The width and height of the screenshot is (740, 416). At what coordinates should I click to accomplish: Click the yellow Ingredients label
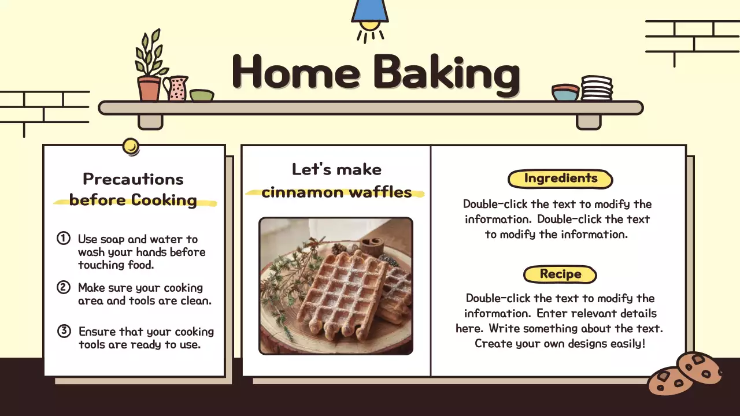click(560, 179)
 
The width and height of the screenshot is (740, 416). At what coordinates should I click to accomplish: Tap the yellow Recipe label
click(560, 274)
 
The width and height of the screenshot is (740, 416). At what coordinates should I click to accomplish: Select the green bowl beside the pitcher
click(201, 95)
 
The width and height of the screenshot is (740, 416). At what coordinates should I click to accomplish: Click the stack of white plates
click(597, 88)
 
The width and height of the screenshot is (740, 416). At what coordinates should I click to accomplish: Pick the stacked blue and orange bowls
click(565, 92)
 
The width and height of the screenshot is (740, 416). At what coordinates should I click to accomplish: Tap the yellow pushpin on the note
click(131, 146)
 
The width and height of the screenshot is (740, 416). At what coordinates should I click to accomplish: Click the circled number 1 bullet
click(63, 238)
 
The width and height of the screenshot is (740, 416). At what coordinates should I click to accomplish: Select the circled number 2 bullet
click(63, 287)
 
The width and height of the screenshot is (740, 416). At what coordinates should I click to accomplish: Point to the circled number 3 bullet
click(64, 331)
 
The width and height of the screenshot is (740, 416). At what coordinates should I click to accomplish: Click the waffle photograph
click(335, 285)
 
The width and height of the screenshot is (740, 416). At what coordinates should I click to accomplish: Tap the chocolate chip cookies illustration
click(685, 374)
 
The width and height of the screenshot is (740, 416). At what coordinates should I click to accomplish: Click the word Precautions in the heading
click(133, 179)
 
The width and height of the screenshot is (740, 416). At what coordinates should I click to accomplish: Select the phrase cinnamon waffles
click(336, 192)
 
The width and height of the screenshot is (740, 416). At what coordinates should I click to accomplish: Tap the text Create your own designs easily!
click(560, 344)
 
